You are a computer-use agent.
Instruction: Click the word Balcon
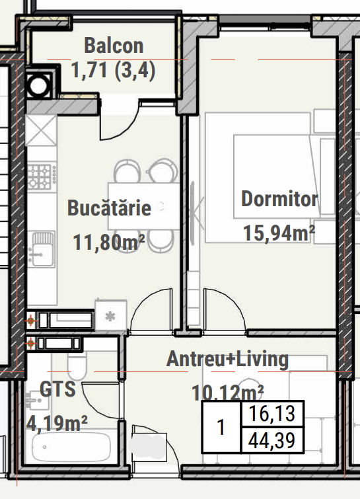(x=114, y=46)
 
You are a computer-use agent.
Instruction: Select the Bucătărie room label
(x=109, y=208)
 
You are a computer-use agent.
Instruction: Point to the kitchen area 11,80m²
(x=109, y=243)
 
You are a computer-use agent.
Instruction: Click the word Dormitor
(x=279, y=199)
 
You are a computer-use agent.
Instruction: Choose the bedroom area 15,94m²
(x=279, y=233)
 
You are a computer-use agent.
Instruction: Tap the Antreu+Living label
(x=227, y=359)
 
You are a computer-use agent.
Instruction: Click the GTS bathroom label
(x=57, y=389)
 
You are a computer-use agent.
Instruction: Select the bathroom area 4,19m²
(x=57, y=423)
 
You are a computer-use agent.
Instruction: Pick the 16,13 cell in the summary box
(x=272, y=413)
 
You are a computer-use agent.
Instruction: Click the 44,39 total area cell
(x=272, y=440)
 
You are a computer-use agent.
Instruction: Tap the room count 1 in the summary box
(x=221, y=427)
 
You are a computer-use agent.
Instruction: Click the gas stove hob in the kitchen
(x=42, y=176)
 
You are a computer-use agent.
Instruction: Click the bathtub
(x=71, y=447)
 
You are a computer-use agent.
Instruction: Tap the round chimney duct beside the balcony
(x=39, y=85)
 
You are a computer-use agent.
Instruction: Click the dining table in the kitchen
(x=144, y=206)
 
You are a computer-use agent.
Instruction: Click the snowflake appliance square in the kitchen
(x=111, y=316)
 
